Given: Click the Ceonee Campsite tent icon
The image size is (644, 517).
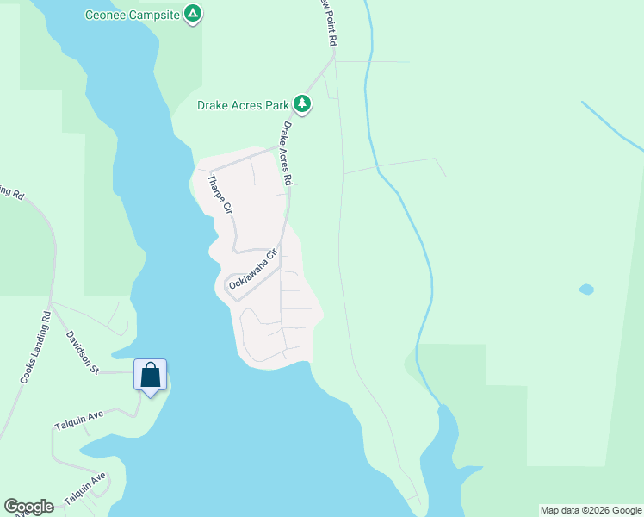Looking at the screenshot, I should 194,14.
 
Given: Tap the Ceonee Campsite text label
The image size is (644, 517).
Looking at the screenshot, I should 133,15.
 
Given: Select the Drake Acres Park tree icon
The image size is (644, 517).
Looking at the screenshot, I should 302,104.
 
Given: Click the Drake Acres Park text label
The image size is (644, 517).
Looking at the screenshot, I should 242,105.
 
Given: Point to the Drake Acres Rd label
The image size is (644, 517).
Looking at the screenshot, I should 287,153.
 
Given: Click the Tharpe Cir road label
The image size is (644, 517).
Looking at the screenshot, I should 220,194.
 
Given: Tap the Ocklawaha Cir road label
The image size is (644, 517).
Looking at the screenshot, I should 255,268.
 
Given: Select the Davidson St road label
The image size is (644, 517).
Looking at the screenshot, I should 84,353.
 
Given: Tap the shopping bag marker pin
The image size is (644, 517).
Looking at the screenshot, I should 151,375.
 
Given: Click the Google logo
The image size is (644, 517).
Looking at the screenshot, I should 28,507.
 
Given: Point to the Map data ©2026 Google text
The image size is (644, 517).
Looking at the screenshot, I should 591,510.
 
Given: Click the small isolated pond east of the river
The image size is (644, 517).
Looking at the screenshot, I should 586,289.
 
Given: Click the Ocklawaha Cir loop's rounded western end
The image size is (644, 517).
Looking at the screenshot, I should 228,285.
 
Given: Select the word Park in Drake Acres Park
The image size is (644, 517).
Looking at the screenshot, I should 276,105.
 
